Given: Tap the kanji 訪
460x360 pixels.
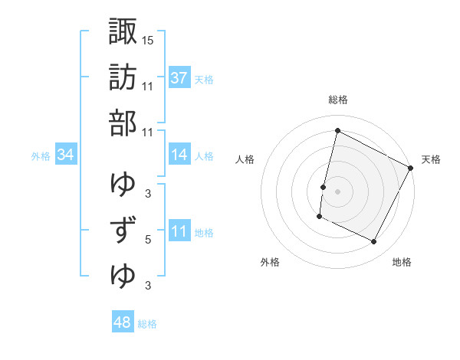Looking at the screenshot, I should tap(123, 77).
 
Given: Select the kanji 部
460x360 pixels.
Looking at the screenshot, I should tap(123, 123).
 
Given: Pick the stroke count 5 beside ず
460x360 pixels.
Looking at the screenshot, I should tap(148, 240).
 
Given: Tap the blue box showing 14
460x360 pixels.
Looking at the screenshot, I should tap(179, 155).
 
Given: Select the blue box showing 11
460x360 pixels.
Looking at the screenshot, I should tap(179, 231).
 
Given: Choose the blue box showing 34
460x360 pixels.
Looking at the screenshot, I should tap(66, 155).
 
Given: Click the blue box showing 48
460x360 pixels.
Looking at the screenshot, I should tap(122, 322).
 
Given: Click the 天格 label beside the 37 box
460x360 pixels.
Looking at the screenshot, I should tap(204, 79).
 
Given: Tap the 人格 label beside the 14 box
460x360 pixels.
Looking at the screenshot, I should tap(204, 156).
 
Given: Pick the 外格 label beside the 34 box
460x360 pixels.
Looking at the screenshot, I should tap(41, 156).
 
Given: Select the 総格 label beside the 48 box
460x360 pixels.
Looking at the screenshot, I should tap(147, 324).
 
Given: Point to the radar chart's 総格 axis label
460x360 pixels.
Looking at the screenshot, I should tap(337, 100).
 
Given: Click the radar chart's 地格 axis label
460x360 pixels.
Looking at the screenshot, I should tap(402, 263).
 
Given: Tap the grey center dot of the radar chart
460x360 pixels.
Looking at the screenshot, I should tap(337, 191).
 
